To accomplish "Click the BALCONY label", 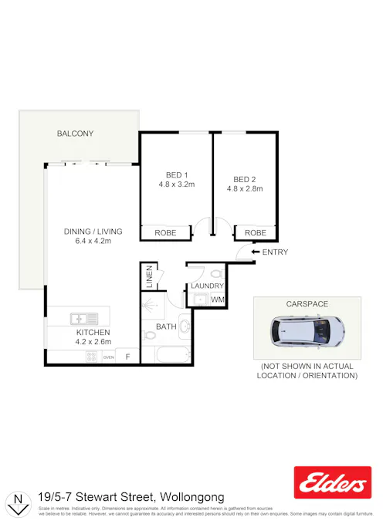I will point(75,134).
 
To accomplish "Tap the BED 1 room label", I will point(177,174).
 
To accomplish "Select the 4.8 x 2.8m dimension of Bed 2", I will point(245,188).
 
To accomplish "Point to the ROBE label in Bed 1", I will point(165,232).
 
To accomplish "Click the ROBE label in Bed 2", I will point(256,232).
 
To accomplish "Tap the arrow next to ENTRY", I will point(256,252).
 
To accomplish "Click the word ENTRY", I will point(276,252).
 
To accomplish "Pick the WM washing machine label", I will point(218,299).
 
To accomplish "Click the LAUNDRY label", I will point(207,286).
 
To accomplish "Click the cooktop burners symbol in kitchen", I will point(92,357).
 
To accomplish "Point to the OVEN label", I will point(109,357).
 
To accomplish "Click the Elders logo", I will point(332,483).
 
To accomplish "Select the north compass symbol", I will point(17,503).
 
